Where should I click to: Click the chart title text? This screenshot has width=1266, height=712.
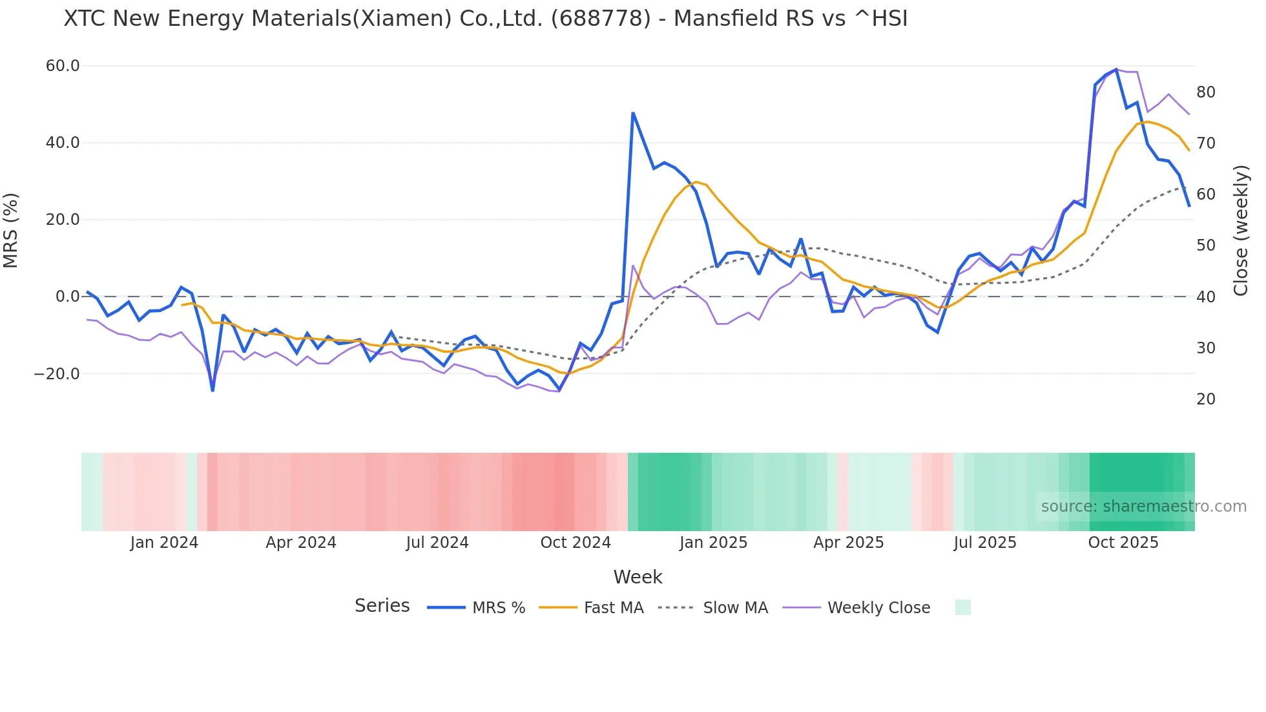(486, 19)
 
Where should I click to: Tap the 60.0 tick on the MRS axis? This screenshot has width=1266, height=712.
(63, 66)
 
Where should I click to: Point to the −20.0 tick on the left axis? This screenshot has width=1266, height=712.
(57, 374)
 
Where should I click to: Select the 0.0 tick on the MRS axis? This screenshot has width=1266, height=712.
(67, 297)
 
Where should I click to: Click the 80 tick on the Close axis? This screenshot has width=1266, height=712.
(1206, 92)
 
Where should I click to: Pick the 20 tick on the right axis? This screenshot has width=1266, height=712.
(1206, 399)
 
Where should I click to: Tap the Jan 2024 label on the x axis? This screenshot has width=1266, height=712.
(164, 543)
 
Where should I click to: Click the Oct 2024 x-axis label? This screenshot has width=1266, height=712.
(576, 543)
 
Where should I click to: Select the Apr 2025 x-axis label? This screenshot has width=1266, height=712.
(848, 543)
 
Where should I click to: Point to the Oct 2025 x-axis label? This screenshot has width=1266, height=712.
(1123, 543)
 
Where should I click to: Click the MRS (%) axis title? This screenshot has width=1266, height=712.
(11, 231)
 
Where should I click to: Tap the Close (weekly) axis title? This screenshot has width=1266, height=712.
(1241, 231)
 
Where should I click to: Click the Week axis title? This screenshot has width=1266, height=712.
(638, 577)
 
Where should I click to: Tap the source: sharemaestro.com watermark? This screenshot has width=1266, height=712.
(1143, 507)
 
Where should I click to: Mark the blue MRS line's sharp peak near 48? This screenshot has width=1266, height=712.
(633, 113)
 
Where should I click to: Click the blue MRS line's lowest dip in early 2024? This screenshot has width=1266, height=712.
(213, 390)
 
